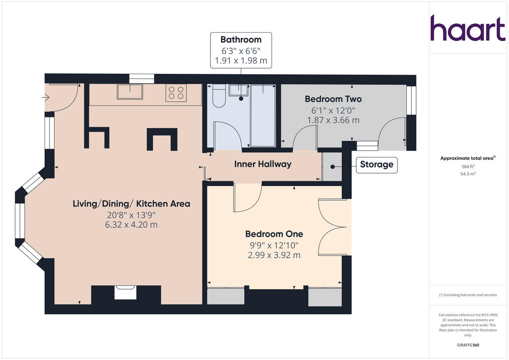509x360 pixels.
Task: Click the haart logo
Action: coord(468,28)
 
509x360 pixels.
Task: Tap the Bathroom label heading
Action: coord(241,40)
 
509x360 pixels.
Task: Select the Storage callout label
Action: coord(376,165)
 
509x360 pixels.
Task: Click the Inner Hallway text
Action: coord(263,164)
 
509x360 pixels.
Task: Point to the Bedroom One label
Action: coord(274,234)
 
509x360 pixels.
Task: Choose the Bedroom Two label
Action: coord(333,99)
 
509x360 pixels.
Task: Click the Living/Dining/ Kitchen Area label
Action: coord(131,204)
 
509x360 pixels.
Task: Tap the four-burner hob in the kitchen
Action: coord(176,93)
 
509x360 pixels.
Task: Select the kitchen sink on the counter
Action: coord(130,91)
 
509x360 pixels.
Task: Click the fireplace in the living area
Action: coord(126,293)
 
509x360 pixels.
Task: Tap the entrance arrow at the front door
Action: coord(45,98)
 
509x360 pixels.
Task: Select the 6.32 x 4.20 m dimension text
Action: coord(131,225)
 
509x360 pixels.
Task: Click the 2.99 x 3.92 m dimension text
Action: coord(274,255)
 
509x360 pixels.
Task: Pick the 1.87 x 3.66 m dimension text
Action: coord(333,120)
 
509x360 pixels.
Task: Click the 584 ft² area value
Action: coord(468,167)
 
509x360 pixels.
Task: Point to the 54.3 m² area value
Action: coord(468,174)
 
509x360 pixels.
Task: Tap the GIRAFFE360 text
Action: coord(468,345)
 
